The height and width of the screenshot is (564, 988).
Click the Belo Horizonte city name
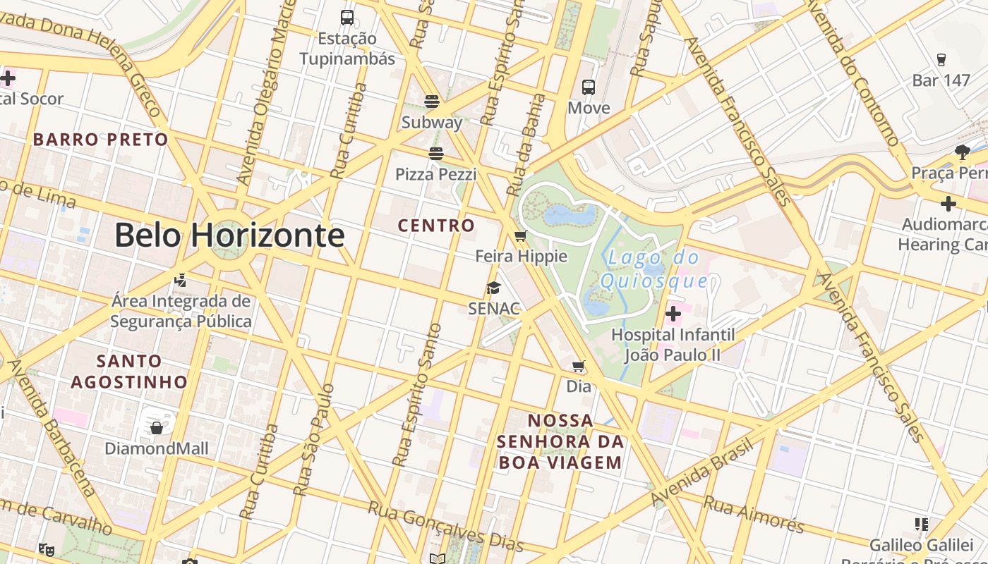point(229,235)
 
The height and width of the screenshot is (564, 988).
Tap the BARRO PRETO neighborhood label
point(101,140)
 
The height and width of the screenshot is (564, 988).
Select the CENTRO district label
point(436,226)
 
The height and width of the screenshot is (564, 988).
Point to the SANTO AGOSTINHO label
point(129,372)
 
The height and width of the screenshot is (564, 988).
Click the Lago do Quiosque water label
point(653,269)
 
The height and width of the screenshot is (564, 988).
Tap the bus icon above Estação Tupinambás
point(347,18)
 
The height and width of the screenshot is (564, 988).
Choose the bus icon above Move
point(589,87)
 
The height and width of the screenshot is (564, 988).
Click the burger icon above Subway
point(432,102)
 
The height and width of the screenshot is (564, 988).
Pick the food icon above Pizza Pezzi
point(435,154)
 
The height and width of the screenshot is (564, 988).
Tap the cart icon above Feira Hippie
point(521,235)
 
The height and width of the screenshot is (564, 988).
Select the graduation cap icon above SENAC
point(493,288)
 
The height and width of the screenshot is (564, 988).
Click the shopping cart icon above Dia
point(579,366)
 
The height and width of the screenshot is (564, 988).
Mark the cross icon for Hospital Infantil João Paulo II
point(673,313)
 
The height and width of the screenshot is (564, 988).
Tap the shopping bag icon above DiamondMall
point(157,427)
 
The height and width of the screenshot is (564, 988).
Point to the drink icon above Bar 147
point(941,59)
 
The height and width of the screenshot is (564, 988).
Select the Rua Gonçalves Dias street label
point(445,526)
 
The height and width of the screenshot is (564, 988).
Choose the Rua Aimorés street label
point(754,515)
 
